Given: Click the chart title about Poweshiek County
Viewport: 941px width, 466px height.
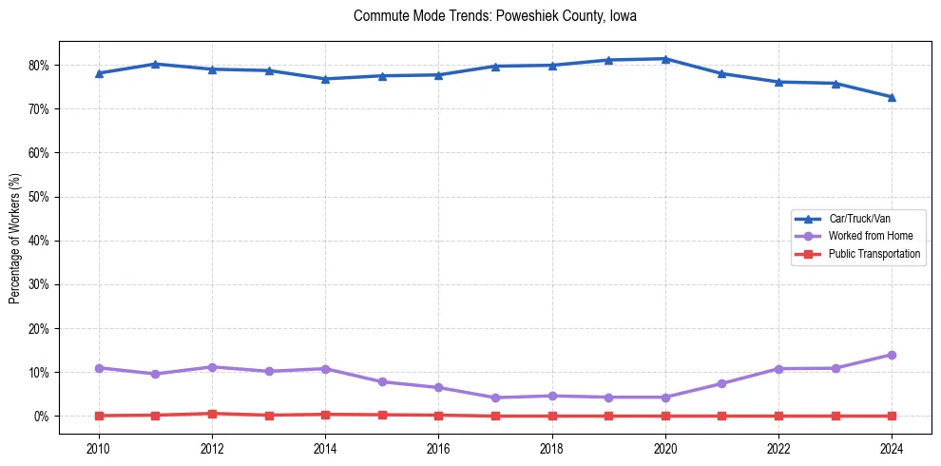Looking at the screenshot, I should click(494, 16).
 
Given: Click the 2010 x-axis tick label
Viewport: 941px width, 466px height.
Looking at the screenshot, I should click(99, 448).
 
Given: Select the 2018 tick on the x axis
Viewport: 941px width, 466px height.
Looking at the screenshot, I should click(552, 448).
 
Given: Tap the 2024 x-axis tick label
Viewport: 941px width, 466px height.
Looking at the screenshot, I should click(892, 448).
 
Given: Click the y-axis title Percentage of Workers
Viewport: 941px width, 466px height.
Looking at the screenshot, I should click(15, 238).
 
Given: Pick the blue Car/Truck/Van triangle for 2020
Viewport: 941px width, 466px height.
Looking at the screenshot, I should click(665, 59).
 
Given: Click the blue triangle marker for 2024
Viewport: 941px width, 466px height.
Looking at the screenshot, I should click(892, 97).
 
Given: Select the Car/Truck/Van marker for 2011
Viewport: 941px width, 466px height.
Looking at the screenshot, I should click(155, 64).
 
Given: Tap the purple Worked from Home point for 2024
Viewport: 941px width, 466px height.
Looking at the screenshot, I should click(892, 355).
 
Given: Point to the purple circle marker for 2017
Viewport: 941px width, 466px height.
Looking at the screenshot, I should click(495, 398).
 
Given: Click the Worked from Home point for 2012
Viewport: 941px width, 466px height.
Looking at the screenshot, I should click(212, 367).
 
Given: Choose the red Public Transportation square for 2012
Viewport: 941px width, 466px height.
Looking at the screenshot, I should click(212, 414).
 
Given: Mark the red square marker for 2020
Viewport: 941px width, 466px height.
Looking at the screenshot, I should click(665, 416).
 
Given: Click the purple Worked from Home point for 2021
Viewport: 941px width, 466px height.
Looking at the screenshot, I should click(721, 383).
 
